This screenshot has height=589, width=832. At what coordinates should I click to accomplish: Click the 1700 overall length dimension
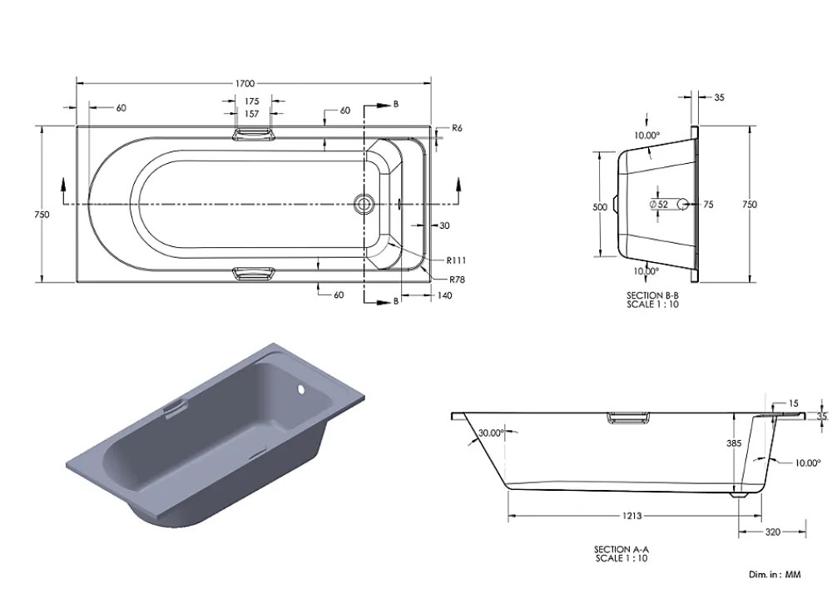245,83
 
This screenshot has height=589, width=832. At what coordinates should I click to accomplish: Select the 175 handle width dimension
252,101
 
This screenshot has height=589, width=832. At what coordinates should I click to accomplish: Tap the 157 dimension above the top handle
252,113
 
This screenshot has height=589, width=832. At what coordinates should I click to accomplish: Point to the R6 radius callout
457,128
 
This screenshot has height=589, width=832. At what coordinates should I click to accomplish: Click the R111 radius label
456,260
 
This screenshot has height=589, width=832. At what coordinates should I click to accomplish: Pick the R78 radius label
457,280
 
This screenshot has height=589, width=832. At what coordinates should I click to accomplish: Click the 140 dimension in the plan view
444,295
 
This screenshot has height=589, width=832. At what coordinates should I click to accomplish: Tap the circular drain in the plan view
364,203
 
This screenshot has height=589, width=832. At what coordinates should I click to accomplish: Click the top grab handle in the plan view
253,134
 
